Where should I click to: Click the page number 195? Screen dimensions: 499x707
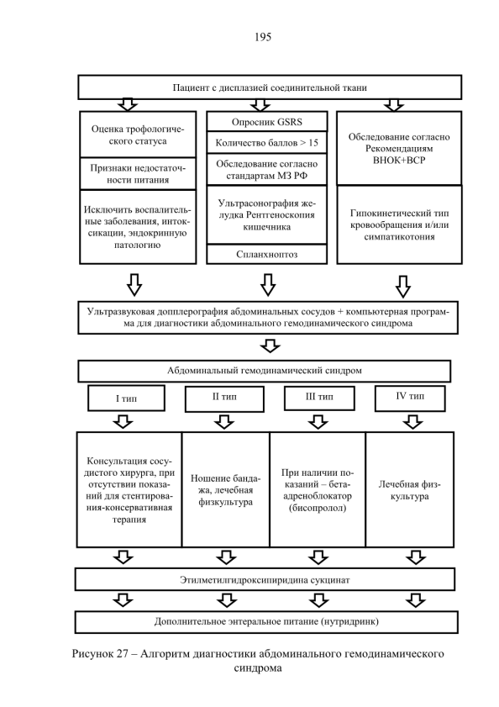(263, 37)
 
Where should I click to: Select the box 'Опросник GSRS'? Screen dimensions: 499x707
(267, 122)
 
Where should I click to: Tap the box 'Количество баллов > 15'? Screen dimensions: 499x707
(267, 143)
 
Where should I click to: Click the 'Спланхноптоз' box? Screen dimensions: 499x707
(267, 255)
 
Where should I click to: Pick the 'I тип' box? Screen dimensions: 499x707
(126, 398)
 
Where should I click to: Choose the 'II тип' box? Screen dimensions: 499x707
(224, 398)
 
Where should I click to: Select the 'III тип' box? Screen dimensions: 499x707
(319, 398)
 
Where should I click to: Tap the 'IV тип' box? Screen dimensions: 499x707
(410, 397)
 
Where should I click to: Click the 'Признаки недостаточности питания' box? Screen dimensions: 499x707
(138, 173)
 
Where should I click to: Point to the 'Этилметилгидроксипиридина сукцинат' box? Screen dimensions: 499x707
(265, 580)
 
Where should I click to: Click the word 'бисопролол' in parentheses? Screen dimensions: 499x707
(318, 508)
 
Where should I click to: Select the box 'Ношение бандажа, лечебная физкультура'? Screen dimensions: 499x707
(226, 489)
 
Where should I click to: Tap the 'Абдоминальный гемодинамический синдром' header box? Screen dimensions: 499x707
(264, 371)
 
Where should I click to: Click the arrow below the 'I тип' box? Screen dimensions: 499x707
(123, 422)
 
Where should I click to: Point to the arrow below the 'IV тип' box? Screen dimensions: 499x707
(413, 422)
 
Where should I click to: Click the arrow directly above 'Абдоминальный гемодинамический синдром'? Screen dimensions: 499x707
(270, 346)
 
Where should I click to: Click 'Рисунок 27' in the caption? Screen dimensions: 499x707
(101, 654)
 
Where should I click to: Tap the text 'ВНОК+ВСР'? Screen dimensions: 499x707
(399, 161)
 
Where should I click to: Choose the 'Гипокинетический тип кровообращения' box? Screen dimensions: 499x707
(399, 224)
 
